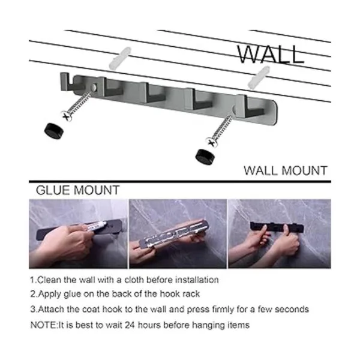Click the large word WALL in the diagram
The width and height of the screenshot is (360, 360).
tap(271, 54)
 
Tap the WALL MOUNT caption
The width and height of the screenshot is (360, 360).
tap(286, 171)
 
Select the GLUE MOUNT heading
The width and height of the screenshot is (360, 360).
tap(77, 190)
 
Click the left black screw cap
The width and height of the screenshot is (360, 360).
tap(54, 131)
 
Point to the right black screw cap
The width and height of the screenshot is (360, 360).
tap(205, 157)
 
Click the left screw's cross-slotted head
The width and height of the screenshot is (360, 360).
tap(67, 116)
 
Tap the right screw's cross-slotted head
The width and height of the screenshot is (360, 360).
tap(212, 142)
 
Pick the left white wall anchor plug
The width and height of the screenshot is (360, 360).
tap(119, 58)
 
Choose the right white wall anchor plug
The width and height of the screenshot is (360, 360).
tap(259, 77)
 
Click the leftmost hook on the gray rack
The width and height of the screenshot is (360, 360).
tap(67, 82)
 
